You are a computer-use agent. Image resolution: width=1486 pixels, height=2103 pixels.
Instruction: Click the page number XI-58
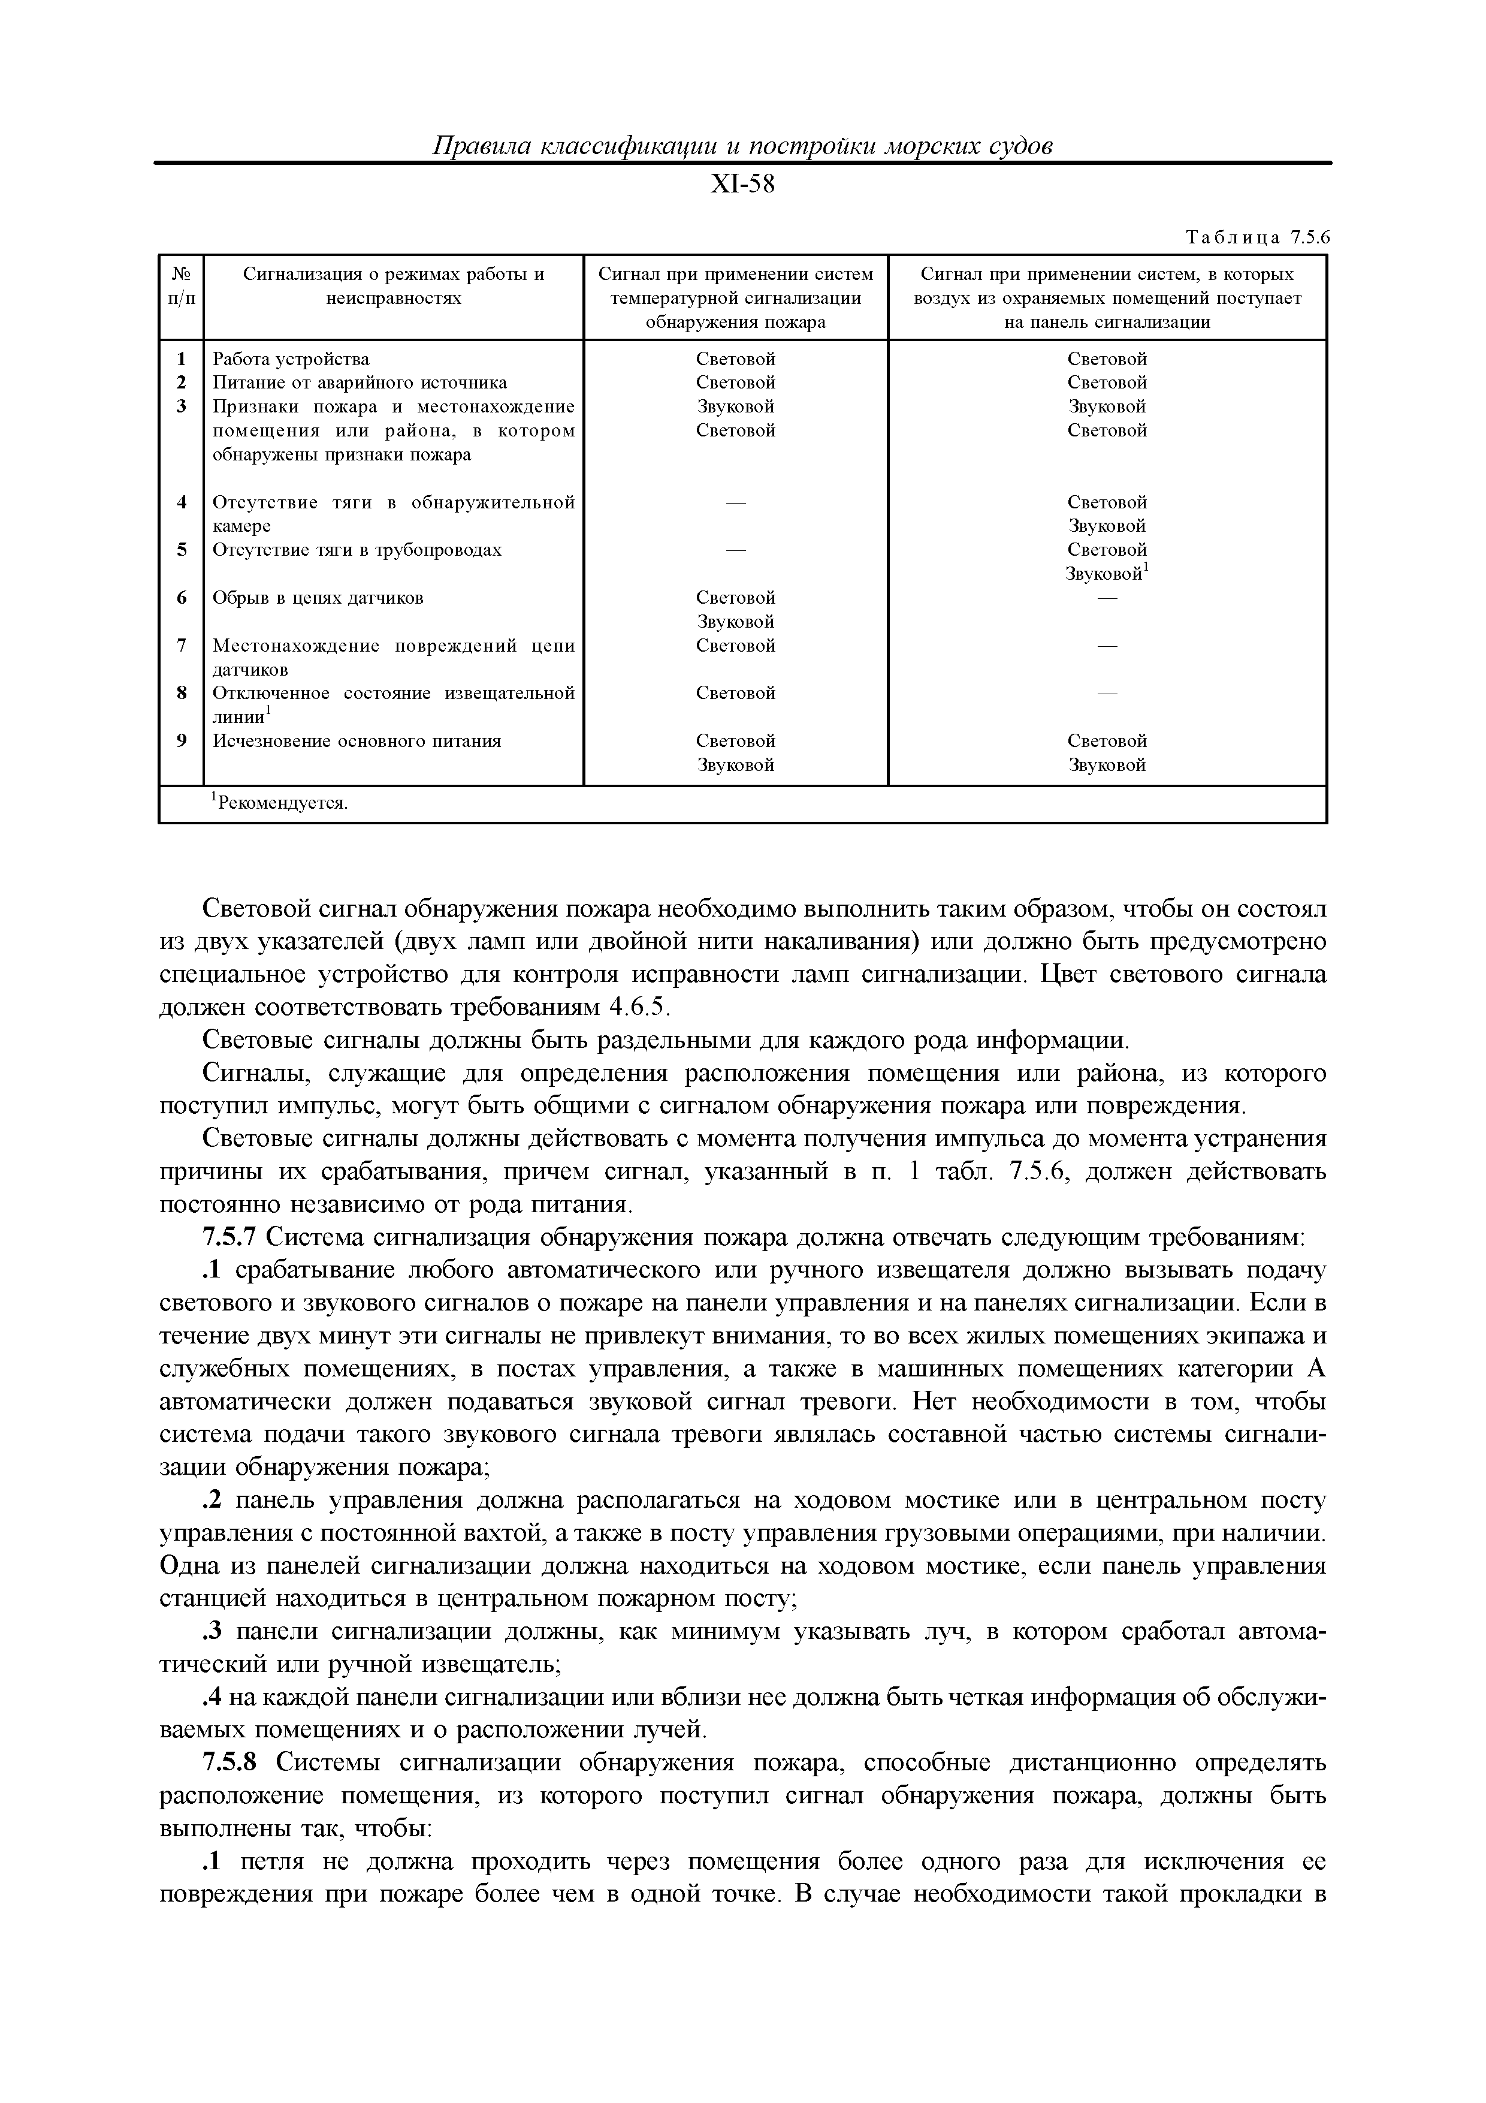pyautogui.click(x=742, y=185)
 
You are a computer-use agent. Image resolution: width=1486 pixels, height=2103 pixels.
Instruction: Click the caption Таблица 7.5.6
pyautogui.click(x=1256, y=238)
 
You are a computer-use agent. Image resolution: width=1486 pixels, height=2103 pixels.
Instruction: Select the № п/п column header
pyautogui.click(x=182, y=286)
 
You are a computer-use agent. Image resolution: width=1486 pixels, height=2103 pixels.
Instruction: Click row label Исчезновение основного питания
pyautogui.click(x=357, y=741)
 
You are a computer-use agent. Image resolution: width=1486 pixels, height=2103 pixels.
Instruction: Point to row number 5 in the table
pyautogui.click(x=182, y=550)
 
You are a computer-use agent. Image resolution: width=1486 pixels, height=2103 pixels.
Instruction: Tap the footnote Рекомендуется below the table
pyautogui.click(x=280, y=803)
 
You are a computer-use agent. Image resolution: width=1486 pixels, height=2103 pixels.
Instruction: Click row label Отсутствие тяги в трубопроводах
pyautogui.click(x=357, y=550)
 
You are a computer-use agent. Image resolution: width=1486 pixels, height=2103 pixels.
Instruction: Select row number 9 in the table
pyautogui.click(x=182, y=741)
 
